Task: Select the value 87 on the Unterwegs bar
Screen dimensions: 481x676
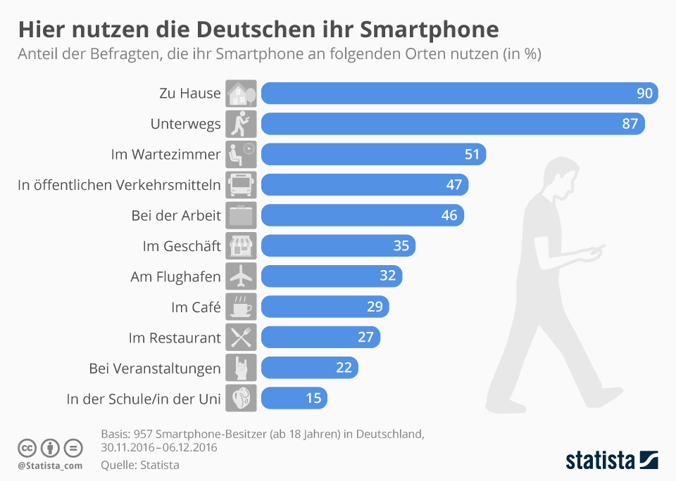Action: tap(630, 124)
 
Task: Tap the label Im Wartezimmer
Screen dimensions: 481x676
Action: tap(165, 155)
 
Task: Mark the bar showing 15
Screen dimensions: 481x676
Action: tap(294, 399)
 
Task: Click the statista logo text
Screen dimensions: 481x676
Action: tap(599, 461)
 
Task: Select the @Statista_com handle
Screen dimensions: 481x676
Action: tap(50, 466)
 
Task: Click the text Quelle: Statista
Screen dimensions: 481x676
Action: tap(140, 465)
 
